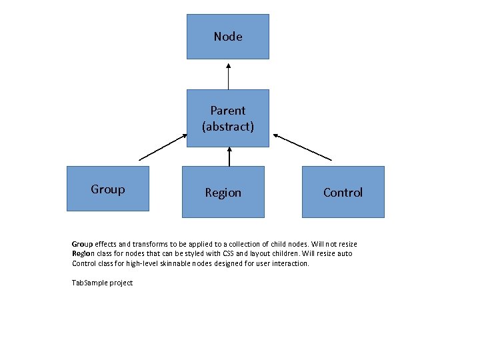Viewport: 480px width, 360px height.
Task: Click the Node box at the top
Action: click(227, 37)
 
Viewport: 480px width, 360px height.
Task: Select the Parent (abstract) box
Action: click(227, 118)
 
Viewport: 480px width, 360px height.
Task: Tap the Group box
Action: click(107, 189)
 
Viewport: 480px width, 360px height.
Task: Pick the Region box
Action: click(223, 192)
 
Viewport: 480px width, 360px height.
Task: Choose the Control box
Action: click(343, 192)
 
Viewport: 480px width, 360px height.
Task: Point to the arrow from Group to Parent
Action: click(163, 147)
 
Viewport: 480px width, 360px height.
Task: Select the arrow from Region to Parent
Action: click(229, 157)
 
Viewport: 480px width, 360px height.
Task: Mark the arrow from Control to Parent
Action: click(302, 147)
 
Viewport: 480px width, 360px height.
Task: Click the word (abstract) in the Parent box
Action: click(228, 126)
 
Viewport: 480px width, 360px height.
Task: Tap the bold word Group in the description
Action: click(82, 244)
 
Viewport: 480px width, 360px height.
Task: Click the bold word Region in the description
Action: click(83, 253)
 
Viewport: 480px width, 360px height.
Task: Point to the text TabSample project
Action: click(102, 283)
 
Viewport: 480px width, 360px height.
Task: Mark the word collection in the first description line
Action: click(228, 244)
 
